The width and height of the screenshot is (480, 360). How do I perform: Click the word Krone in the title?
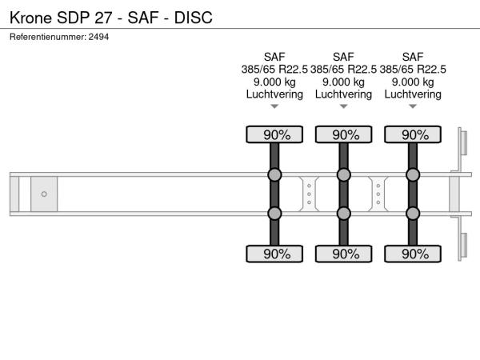coord(30,18)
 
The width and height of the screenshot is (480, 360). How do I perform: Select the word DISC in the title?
coord(193,18)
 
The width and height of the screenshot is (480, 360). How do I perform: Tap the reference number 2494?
coord(98,37)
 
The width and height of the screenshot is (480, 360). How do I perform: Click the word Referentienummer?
coord(48,37)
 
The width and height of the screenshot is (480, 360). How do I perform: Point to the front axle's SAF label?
coord(274,57)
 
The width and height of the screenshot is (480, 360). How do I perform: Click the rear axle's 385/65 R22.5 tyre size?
coord(413,70)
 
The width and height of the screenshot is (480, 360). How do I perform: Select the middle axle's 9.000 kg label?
coord(343,82)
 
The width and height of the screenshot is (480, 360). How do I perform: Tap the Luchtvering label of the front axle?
coord(274,94)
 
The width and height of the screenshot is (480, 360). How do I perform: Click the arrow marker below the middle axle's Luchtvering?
coord(343,106)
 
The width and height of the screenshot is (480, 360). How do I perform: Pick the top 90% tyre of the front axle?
coord(274,134)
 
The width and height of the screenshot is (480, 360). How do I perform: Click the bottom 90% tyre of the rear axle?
coord(413,254)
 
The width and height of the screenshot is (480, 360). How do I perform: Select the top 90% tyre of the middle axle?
coord(343,134)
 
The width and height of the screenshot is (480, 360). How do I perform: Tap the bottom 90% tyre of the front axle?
coord(274,254)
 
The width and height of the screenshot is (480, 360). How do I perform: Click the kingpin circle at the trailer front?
coord(44,194)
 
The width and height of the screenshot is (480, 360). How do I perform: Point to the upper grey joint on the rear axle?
coord(413,174)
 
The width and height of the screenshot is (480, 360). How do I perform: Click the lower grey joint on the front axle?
coord(274,214)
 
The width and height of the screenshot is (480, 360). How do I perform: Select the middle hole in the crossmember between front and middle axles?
coord(309,194)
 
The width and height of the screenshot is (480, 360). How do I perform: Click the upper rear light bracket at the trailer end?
coord(463,143)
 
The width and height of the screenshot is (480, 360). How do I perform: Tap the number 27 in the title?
coord(103,18)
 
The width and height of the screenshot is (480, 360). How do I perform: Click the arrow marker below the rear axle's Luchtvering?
coord(413,106)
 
